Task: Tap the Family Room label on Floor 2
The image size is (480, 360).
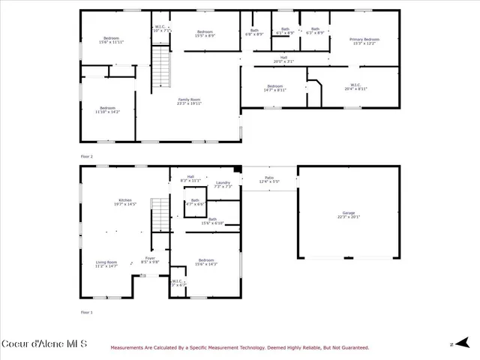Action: tap(189, 101)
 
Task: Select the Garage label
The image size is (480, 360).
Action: tap(349, 214)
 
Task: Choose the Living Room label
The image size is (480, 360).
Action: tap(106, 263)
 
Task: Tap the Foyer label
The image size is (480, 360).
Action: tap(150, 259)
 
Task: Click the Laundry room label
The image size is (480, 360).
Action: tap(223, 184)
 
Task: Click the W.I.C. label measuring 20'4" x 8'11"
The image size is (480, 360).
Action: tap(355, 86)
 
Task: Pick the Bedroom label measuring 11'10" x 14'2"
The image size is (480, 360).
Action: tap(106, 109)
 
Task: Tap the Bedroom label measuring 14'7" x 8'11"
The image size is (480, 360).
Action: tap(274, 87)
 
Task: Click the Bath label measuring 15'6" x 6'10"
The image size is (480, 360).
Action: tap(213, 221)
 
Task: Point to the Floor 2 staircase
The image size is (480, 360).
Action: tap(160, 67)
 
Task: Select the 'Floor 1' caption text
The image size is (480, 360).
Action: tap(87, 311)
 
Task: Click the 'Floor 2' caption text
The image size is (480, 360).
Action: tap(87, 156)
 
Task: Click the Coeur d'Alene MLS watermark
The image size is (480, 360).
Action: tap(44, 344)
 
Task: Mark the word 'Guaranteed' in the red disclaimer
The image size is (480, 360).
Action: tap(352, 347)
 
